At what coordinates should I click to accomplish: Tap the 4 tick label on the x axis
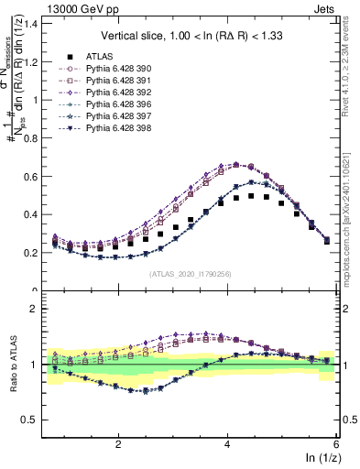pyautogui.click(x=227, y=444)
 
